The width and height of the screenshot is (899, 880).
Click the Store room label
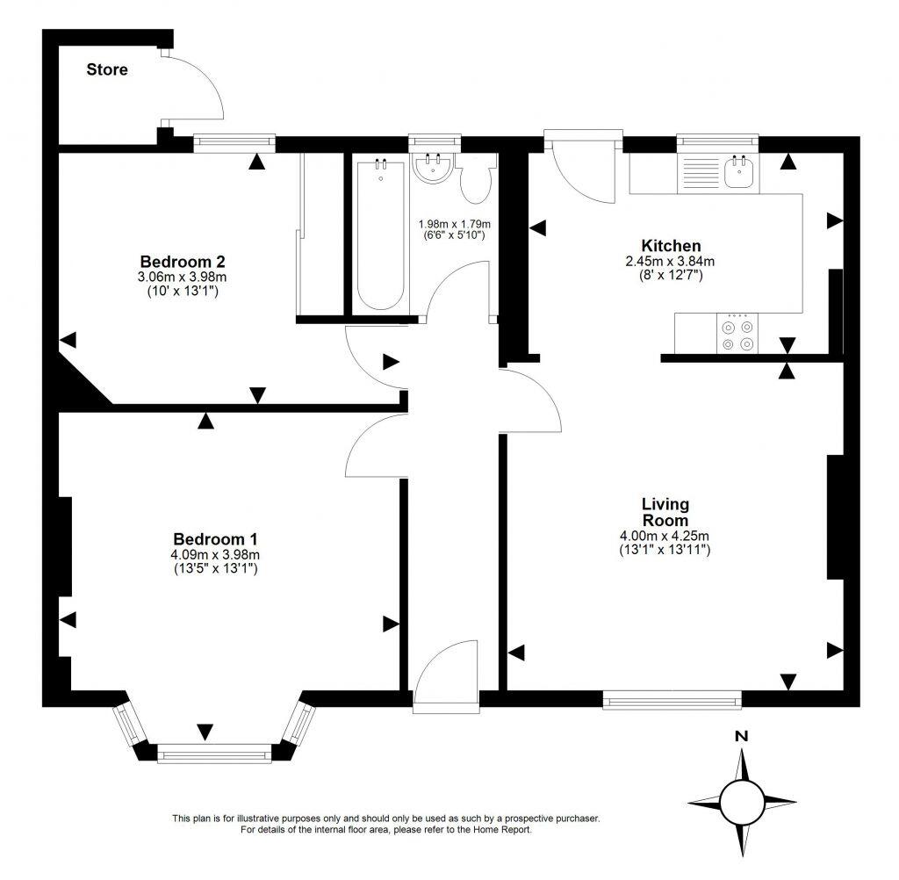[106, 69]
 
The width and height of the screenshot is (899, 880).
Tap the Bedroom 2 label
[183, 261]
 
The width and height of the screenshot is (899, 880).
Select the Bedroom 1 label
[215, 538]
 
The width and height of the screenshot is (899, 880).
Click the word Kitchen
[671, 245]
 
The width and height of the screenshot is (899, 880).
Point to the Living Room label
[665, 512]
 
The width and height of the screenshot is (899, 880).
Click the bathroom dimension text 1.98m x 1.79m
[454, 223]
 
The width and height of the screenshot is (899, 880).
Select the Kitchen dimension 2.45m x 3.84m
[671, 261]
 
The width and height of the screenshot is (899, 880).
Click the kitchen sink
[740, 172]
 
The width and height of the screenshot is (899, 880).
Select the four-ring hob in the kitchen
[737, 333]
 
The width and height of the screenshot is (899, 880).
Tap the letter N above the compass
[741, 737]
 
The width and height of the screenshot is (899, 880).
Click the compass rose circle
[742, 801]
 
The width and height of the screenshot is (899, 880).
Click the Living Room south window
[672, 699]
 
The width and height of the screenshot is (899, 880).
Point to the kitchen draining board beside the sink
[700, 171]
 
